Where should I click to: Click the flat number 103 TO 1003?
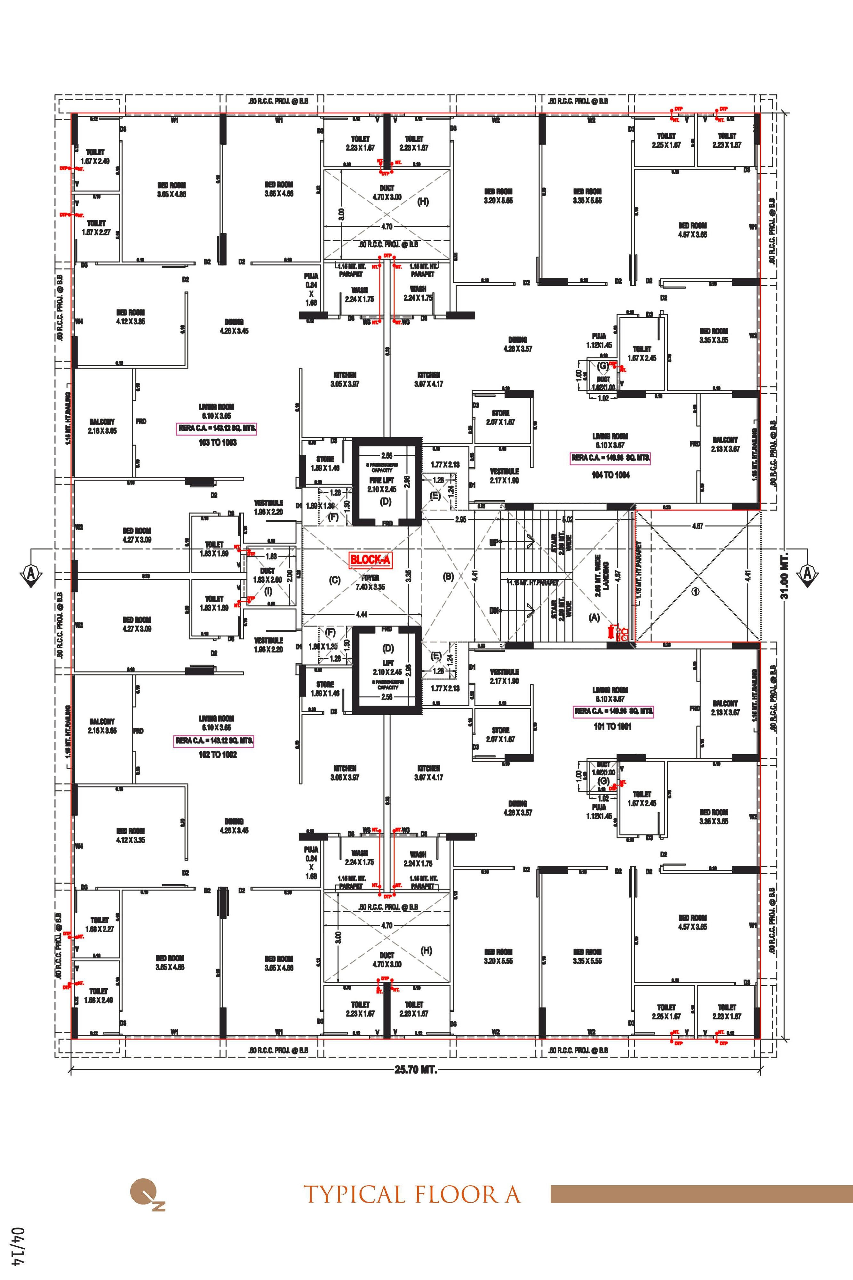coord(217,443)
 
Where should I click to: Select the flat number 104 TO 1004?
coord(610,475)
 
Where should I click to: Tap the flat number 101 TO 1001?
coord(612,726)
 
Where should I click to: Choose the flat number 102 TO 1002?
coord(217,755)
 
